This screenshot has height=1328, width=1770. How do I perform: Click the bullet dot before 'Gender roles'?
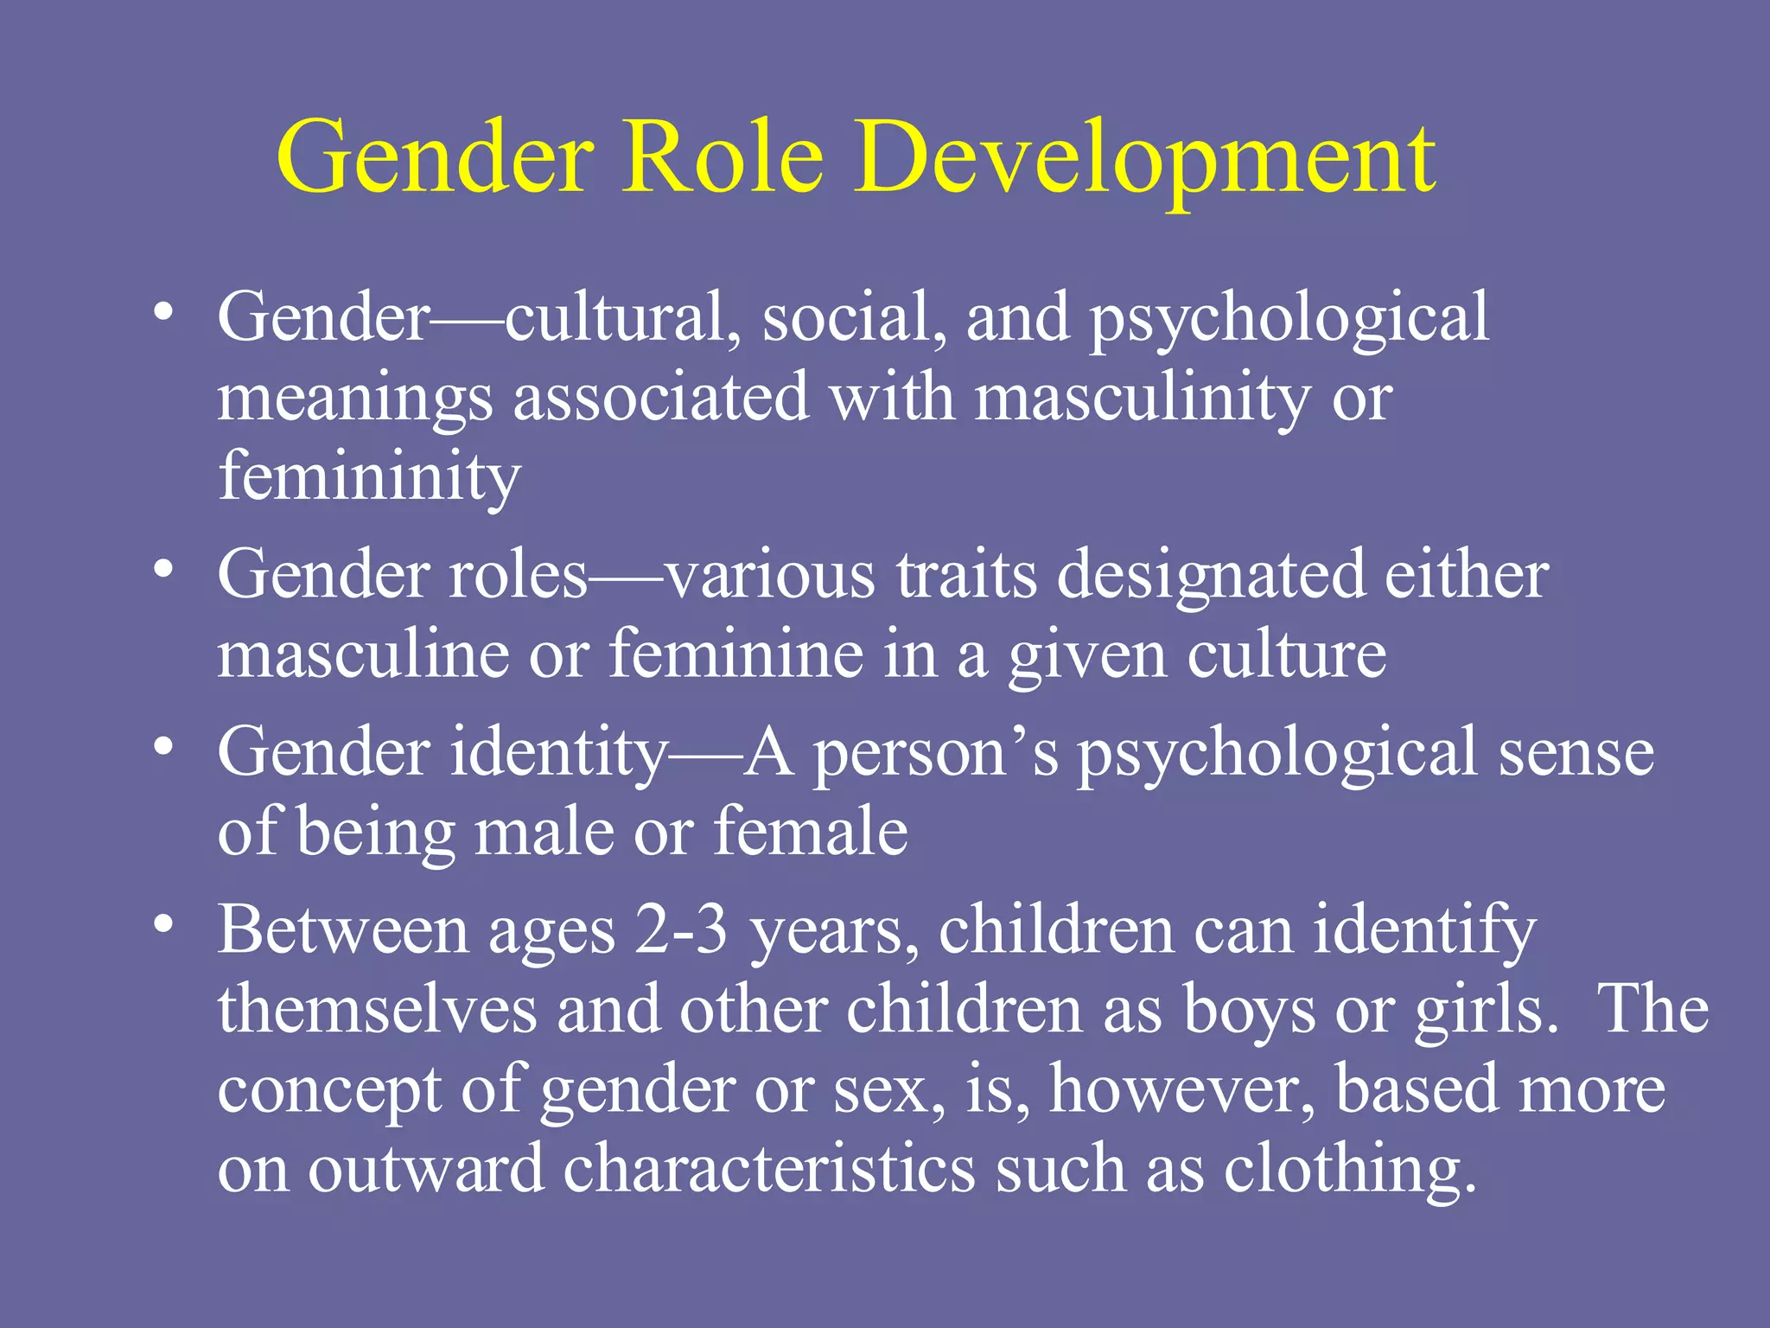[163, 568]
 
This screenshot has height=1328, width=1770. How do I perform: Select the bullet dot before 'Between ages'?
[163, 923]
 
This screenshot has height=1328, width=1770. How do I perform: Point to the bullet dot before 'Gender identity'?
[163, 745]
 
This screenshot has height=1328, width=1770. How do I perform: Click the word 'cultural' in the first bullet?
[615, 317]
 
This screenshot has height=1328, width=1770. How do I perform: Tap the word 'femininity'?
[369, 477]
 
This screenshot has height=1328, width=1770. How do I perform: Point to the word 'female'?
[810, 831]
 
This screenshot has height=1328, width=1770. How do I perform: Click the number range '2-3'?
[681, 930]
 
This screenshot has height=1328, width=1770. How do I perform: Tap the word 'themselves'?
[377, 1010]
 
